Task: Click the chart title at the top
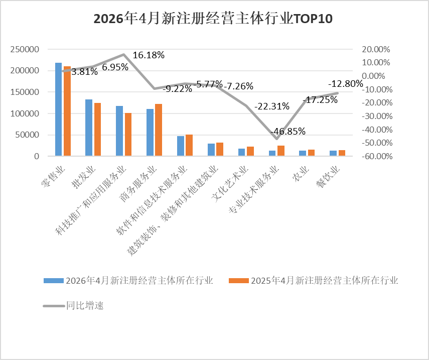[213, 19]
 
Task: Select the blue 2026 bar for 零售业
[59, 109]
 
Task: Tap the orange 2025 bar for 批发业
[97, 130]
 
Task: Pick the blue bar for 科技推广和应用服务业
[119, 131]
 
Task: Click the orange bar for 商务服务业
[159, 130]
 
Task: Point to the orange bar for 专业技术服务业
[281, 151]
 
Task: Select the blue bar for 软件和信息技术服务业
[181, 146]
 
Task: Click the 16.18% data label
[149, 55]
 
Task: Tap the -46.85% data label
[288, 131]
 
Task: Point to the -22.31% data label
[272, 106]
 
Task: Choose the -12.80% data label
[346, 83]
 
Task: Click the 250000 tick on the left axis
[25, 49]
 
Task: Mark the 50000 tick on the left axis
[27, 135]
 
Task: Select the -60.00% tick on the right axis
[377, 156]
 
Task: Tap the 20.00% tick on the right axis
[376, 49]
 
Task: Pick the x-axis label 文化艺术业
[230, 184]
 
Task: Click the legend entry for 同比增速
[73, 305]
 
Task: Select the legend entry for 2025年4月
[313, 281]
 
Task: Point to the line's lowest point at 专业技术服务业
[277, 139]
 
